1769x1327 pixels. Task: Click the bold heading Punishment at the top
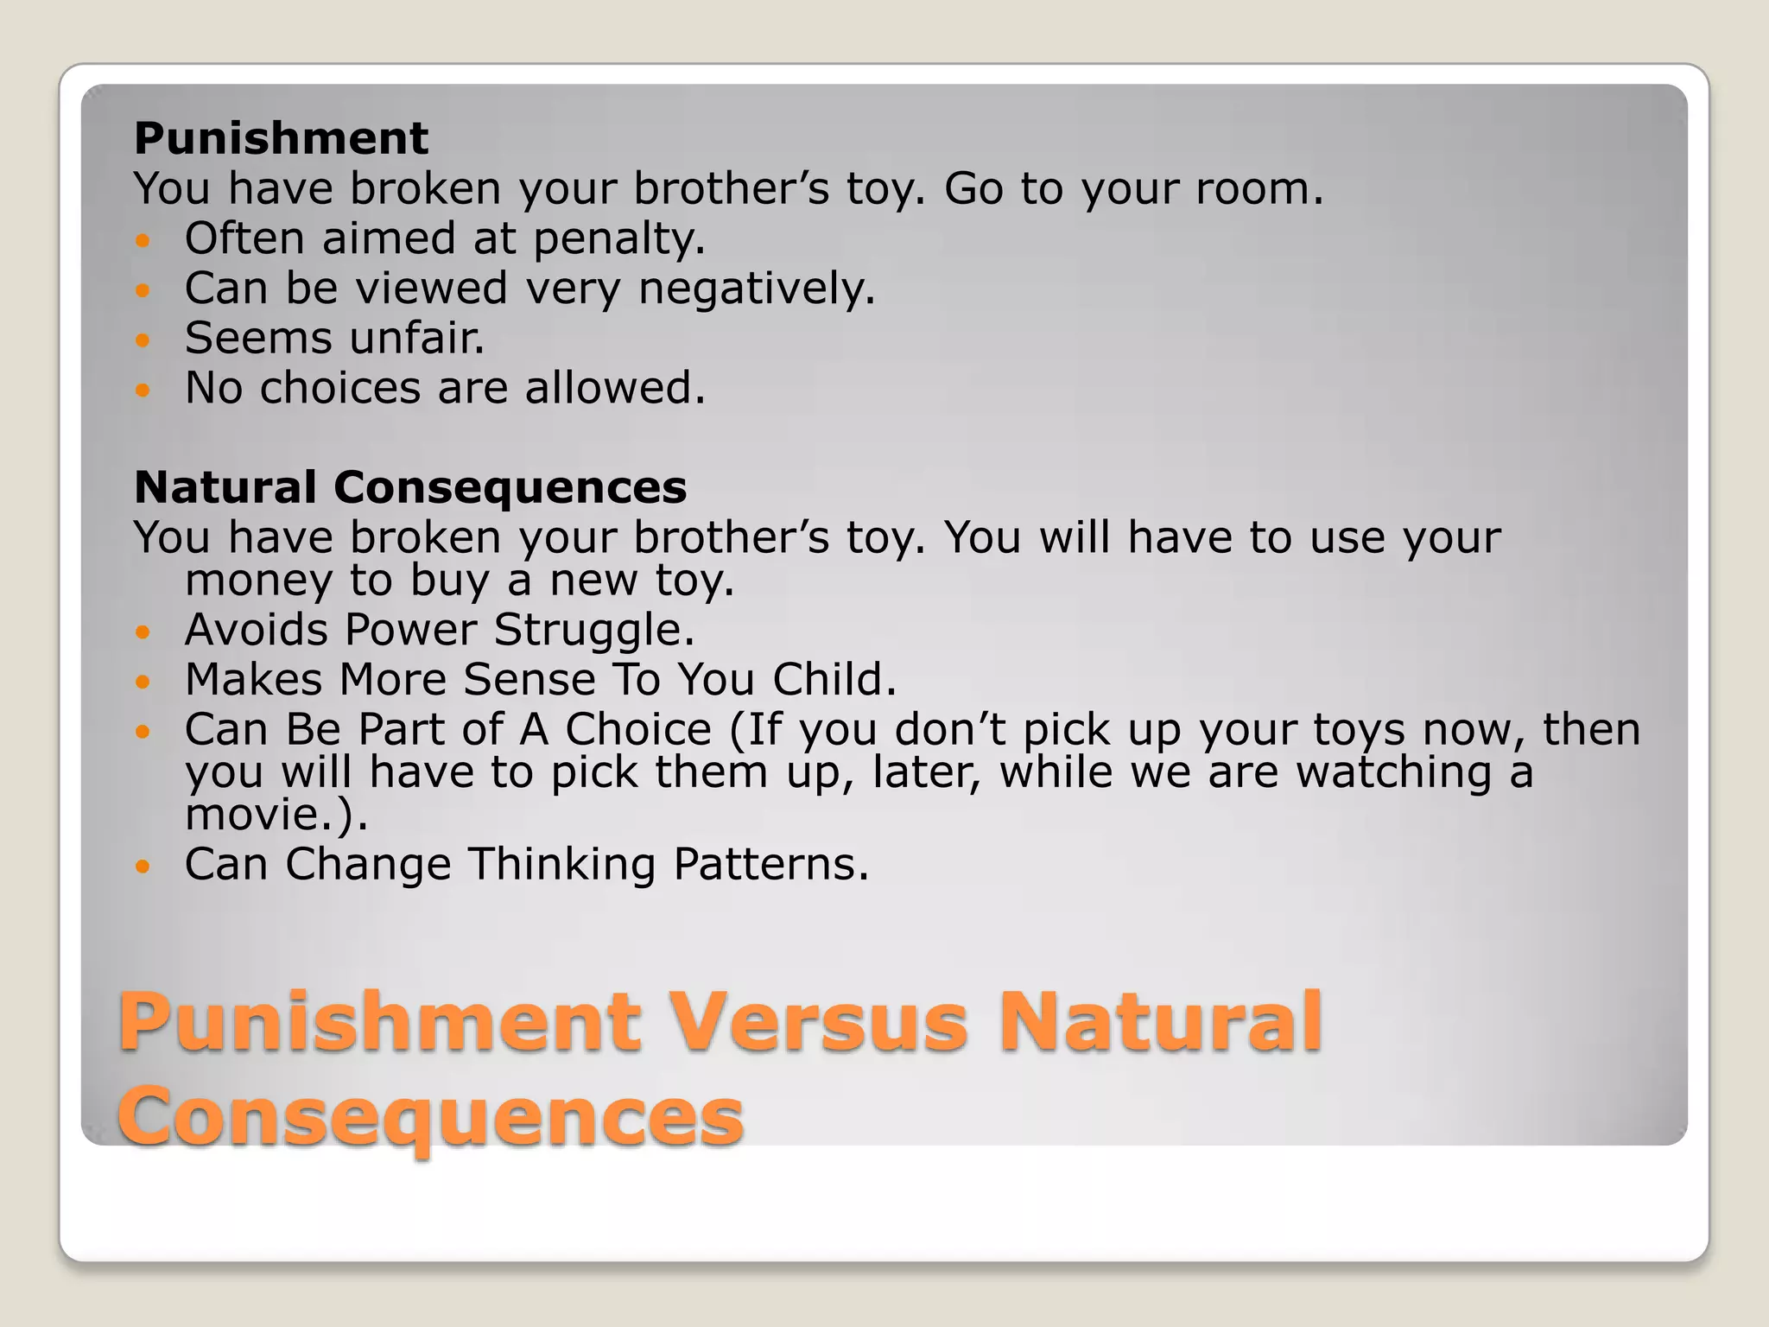(x=281, y=138)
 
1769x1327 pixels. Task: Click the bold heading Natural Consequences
(x=410, y=487)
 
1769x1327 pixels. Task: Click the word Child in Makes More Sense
(x=833, y=680)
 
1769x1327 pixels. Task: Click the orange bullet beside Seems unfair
(x=143, y=340)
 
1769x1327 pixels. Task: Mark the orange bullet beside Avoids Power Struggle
(x=143, y=632)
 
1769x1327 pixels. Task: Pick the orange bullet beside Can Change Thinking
(x=143, y=866)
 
